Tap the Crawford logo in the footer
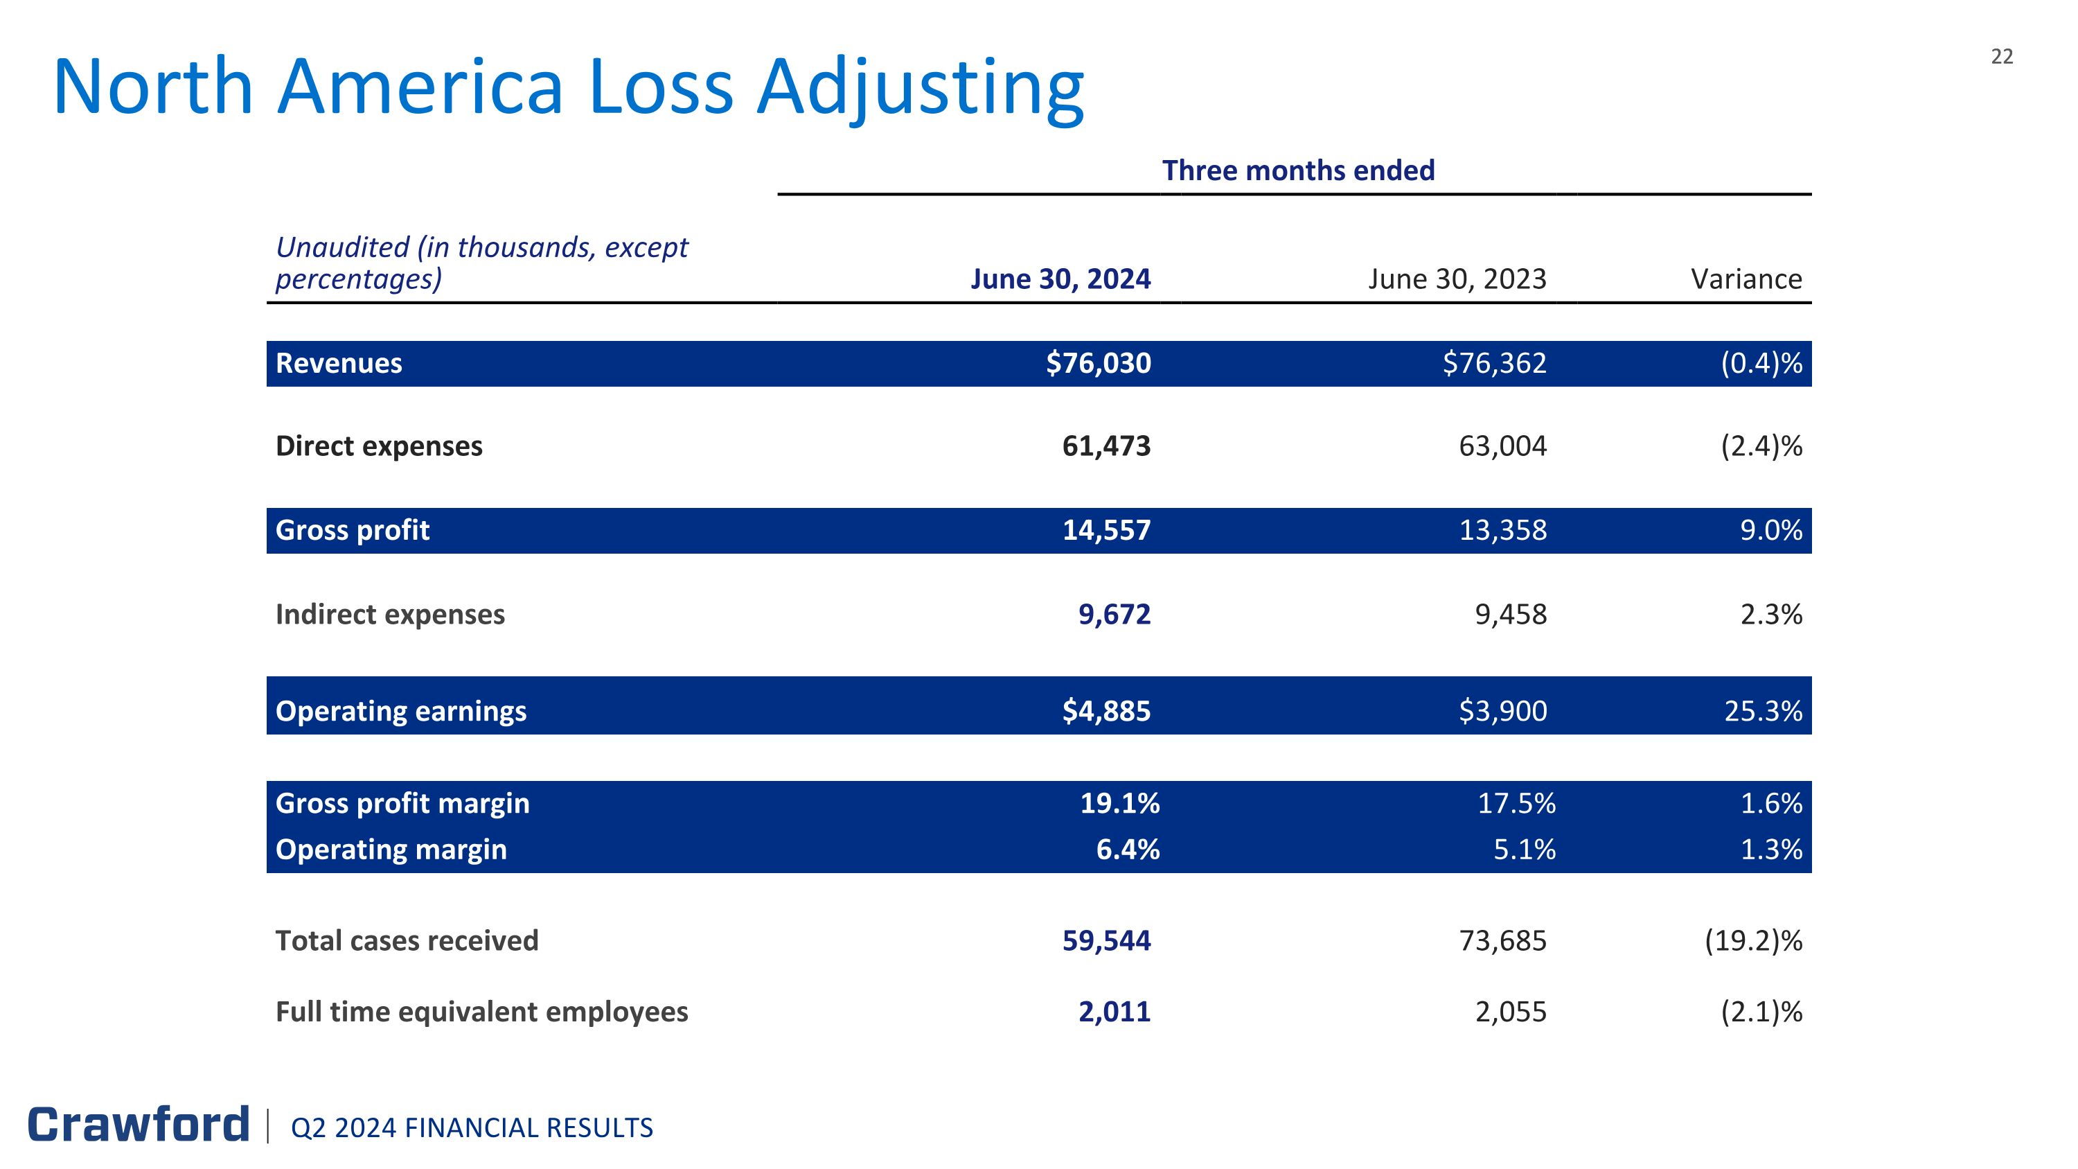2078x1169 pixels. [139, 1125]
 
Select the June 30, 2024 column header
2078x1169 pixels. [1060, 279]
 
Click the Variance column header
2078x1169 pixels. [1746, 279]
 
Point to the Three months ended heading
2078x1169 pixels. [1298, 171]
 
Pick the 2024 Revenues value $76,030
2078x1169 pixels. [1098, 364]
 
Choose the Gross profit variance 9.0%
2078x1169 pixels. [1770, 530]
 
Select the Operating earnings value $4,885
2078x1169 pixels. [1106, 711]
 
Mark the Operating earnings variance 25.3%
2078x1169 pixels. [1763, 711]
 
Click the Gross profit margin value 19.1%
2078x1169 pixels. [1119, 804]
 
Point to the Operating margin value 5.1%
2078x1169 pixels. [1524, 850]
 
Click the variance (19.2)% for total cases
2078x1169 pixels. [1753, 941]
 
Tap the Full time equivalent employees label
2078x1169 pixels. [481, 1012]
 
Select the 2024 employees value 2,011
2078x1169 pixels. [1114, 1012]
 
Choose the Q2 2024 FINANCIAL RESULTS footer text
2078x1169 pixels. [472, 1128]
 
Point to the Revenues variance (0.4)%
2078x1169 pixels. [1761, 364]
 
